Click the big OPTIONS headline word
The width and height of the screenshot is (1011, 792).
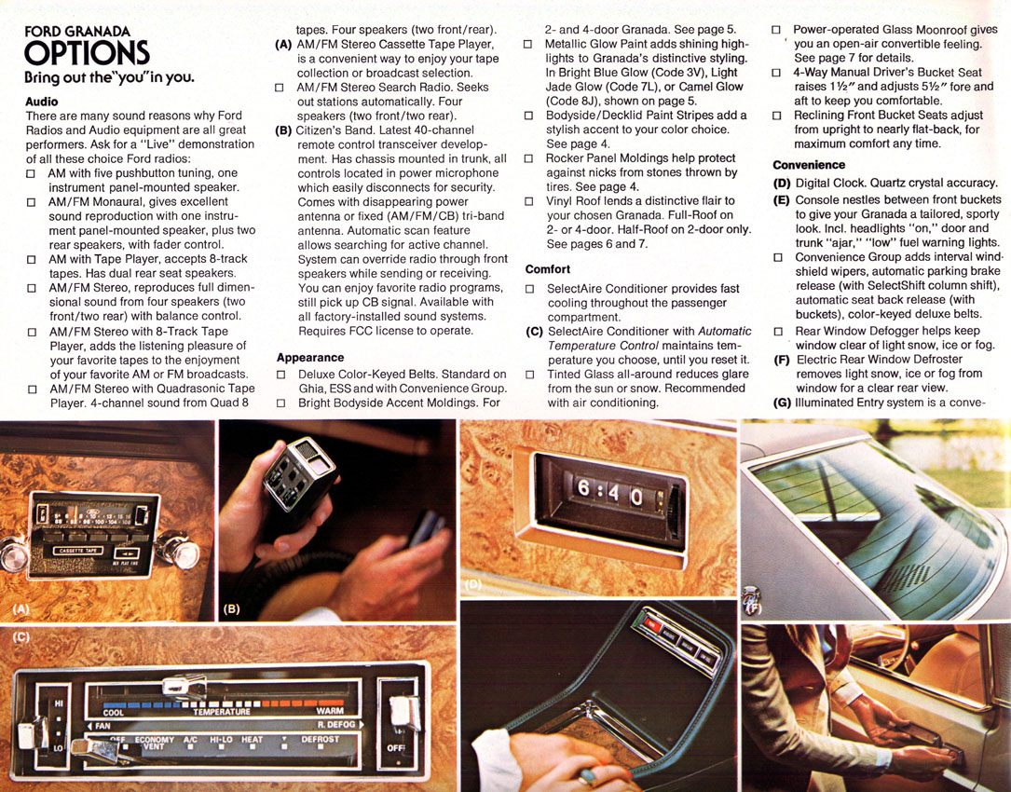[87, 53]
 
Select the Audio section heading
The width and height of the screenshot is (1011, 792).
[42, 102]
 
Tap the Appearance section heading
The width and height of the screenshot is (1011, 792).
[310, 357]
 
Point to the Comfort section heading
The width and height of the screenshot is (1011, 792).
[547, 269]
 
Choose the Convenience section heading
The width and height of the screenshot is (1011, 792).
[809, 165]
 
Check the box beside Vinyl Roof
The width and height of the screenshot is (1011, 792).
[528, 201]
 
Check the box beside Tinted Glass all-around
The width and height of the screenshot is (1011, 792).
[530, 375]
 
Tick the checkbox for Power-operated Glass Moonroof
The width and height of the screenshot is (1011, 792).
[776, 30]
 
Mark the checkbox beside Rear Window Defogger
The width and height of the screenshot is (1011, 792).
[778, 332]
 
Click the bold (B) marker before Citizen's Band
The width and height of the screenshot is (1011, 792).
[283, 130]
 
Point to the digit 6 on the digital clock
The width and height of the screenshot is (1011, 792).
[583, 487]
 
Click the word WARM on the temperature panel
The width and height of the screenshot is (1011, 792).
[330, 711]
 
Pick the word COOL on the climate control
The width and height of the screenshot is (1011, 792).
[114, 713]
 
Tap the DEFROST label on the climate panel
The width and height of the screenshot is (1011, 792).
[320, 739]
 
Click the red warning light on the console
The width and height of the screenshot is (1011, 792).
[654, 624]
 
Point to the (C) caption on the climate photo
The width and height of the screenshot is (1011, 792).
[21, 636]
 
